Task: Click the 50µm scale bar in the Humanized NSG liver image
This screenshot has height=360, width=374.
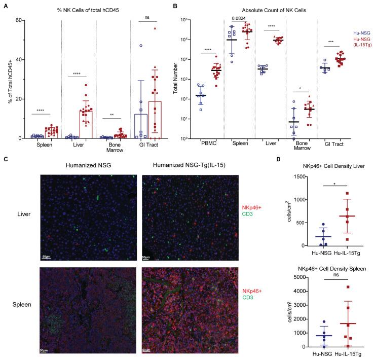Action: click(45, 258)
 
